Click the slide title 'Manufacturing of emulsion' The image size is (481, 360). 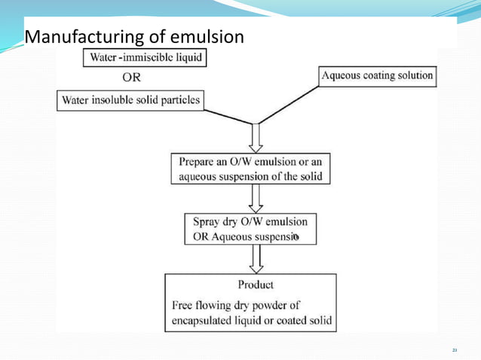134,36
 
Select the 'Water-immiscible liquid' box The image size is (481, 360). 147,58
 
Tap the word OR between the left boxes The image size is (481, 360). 131,77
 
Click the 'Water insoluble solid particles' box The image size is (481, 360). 131,100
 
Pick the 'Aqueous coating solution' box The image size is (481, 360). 377,76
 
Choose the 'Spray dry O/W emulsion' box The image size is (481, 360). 250,230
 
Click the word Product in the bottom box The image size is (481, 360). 256,285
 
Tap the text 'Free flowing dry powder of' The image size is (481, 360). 234,305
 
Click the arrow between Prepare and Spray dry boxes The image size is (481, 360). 256,199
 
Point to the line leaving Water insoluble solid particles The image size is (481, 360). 226,116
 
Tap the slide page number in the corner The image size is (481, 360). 455,350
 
